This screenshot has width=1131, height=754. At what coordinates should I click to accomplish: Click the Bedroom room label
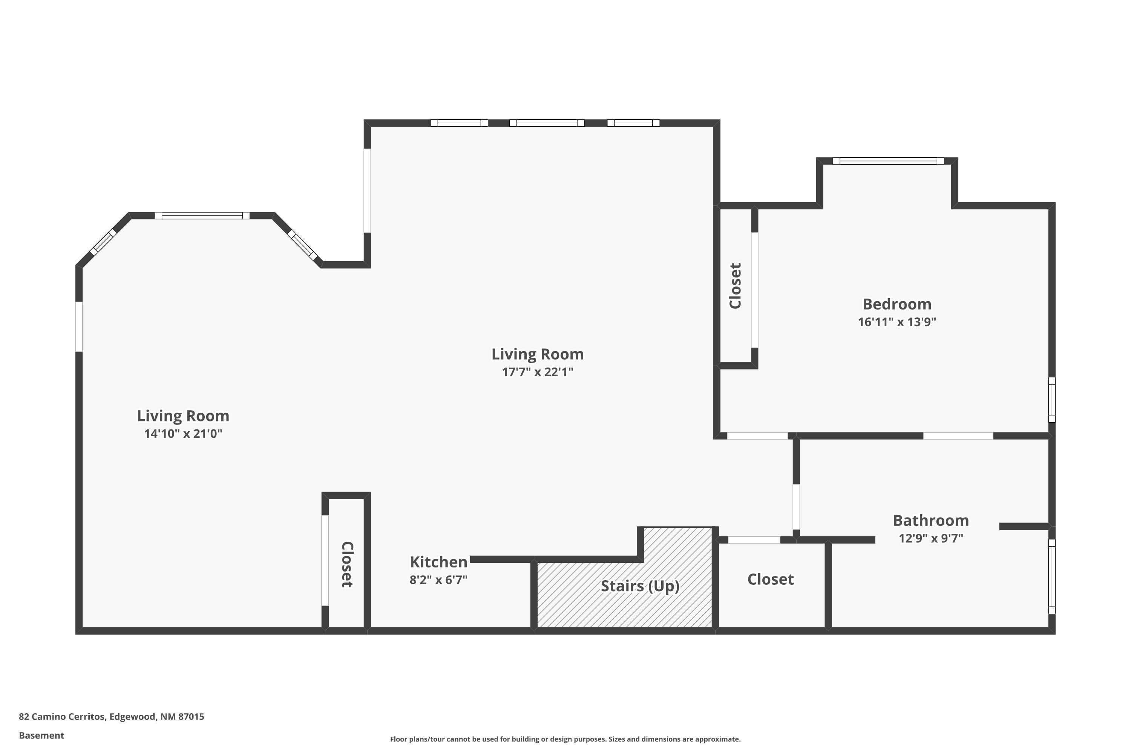pos(897,304)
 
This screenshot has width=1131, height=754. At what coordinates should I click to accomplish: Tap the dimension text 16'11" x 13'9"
pos(897,322)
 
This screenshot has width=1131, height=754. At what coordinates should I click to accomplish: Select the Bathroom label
pos(930,521)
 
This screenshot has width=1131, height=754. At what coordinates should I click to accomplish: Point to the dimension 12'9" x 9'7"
pos(930,538)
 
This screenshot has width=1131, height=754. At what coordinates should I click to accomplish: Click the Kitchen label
pos(438,562)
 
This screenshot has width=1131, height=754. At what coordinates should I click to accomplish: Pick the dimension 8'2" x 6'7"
pos(438,580)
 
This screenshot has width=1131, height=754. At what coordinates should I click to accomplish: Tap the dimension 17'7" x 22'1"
pos(537,372)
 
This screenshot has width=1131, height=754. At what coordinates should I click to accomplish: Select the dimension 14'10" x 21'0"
pos(183,434)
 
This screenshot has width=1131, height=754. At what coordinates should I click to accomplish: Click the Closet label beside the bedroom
pos(735,286)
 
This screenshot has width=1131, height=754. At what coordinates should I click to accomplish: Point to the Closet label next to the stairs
pos(770,579)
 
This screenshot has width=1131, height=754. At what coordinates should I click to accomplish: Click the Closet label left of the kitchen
pos(347,564)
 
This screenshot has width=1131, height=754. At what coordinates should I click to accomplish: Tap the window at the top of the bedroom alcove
pos(888,161)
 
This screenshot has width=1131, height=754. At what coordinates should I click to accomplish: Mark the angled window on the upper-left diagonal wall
pos(103,242)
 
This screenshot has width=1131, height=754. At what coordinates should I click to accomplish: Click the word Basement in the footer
pos(41,735)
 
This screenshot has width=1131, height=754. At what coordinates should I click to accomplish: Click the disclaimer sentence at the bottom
pos(565,739)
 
